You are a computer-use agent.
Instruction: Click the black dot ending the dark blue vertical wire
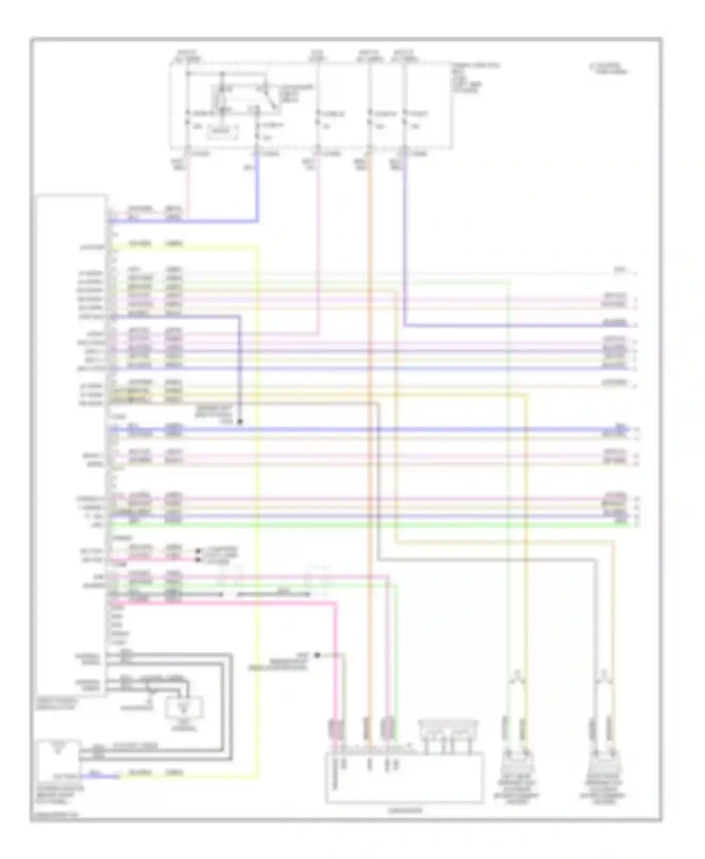click(x=239, y=422)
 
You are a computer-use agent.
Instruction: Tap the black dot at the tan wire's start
click(x=317, y=655)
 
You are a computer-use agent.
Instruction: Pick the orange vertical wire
click(x=369, y=423)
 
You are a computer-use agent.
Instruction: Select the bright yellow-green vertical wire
click(x=258, y=470)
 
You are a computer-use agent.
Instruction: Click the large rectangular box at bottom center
click(x=404, y=777)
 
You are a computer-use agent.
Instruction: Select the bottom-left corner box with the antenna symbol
click(x=58, y=757)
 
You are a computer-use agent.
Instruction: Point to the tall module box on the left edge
click(x=70, y=442)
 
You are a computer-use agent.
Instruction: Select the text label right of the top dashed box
click(x=475, y=78)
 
